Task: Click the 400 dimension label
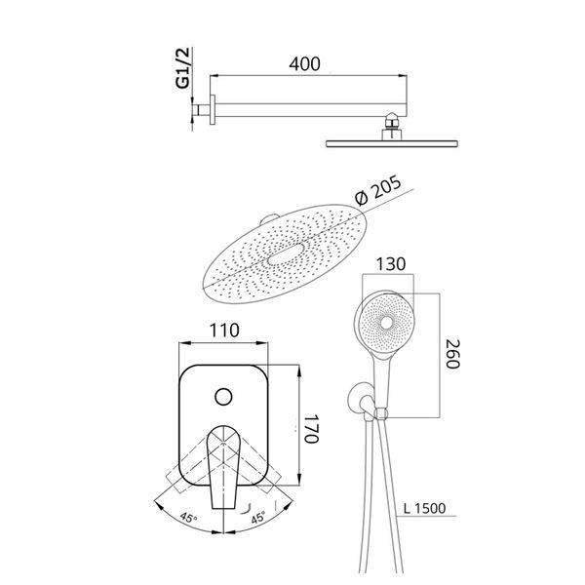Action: (x=304, y=64)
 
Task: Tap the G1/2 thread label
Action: (x=183, y=68)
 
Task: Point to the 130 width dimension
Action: (x=391, y=264)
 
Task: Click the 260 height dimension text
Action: (x=453, y=354)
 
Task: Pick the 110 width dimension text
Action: (x=224, y=331)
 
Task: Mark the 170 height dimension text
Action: (x=311, y=428)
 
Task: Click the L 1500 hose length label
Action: (x=425, y=508)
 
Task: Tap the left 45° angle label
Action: (x=189, y=518)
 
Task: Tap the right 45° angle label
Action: (x=257, y=518)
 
